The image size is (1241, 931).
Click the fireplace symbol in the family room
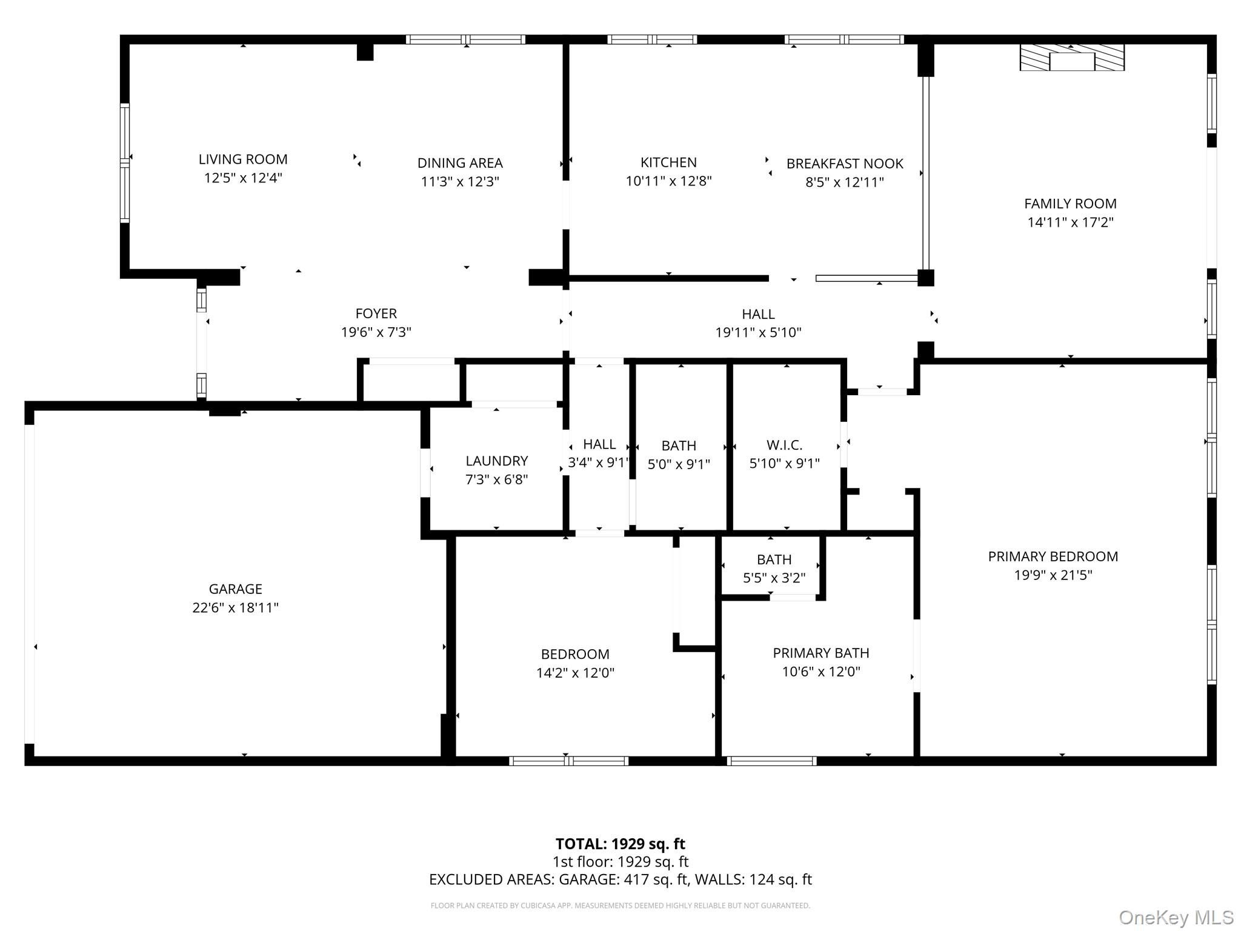click(x=1072, y=57)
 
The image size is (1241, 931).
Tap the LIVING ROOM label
click(x=243, y=159)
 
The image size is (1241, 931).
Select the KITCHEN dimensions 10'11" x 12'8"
click(x=668, y=181)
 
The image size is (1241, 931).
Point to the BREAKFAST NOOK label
click(x=845, y=164)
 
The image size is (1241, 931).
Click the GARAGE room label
click(x=236, y=589)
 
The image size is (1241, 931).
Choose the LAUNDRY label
click(x=497, y=461)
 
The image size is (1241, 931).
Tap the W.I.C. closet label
click(x=785, y=445)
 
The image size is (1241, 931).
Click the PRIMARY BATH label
click(x=821, y=653)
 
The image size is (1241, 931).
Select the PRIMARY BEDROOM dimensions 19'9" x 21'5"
click(x=1053, y=575)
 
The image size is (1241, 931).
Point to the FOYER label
click(x=376, y=314)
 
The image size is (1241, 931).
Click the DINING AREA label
click(x=460, y=163)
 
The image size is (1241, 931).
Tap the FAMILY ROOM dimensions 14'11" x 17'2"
click(x=1071, y=222)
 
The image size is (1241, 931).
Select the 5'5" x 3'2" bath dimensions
click(x=774, y=578)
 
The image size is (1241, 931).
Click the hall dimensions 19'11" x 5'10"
click(x=758, y=333)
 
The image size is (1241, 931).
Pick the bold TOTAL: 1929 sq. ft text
click(x=620, y=844)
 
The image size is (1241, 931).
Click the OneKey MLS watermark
click(x=1176, y=918)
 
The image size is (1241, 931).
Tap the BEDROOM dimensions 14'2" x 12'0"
click(x=575, y=673)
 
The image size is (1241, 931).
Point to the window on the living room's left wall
click(x=125, y=162)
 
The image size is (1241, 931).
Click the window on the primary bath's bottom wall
click(x=771, y=761)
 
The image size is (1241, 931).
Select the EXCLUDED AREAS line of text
click(x=620, y=879)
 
